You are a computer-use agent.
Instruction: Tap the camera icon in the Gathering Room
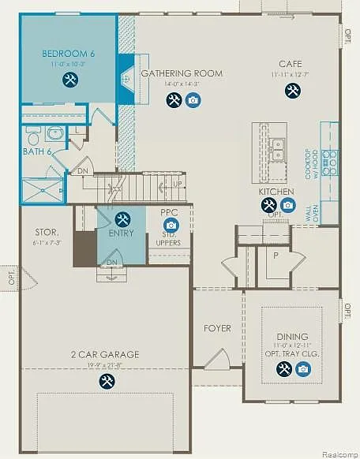[x=193, y=100]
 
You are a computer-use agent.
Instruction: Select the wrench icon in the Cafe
[x=293, y=90]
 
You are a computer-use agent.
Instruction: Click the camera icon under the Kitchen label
[x=288, y=205]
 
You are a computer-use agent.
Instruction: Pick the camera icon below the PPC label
[x=171, y=226]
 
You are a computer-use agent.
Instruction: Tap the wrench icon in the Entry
[x=122, y=218]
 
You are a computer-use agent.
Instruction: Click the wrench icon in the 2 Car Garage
[x=107, y=381]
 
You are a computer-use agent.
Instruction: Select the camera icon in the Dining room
[x=302, y=368]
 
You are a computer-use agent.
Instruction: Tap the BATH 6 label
[x=36, y=151]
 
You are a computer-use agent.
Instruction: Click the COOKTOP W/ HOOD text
[x=312, y=163]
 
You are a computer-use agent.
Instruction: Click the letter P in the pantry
[x=276, y=256]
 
